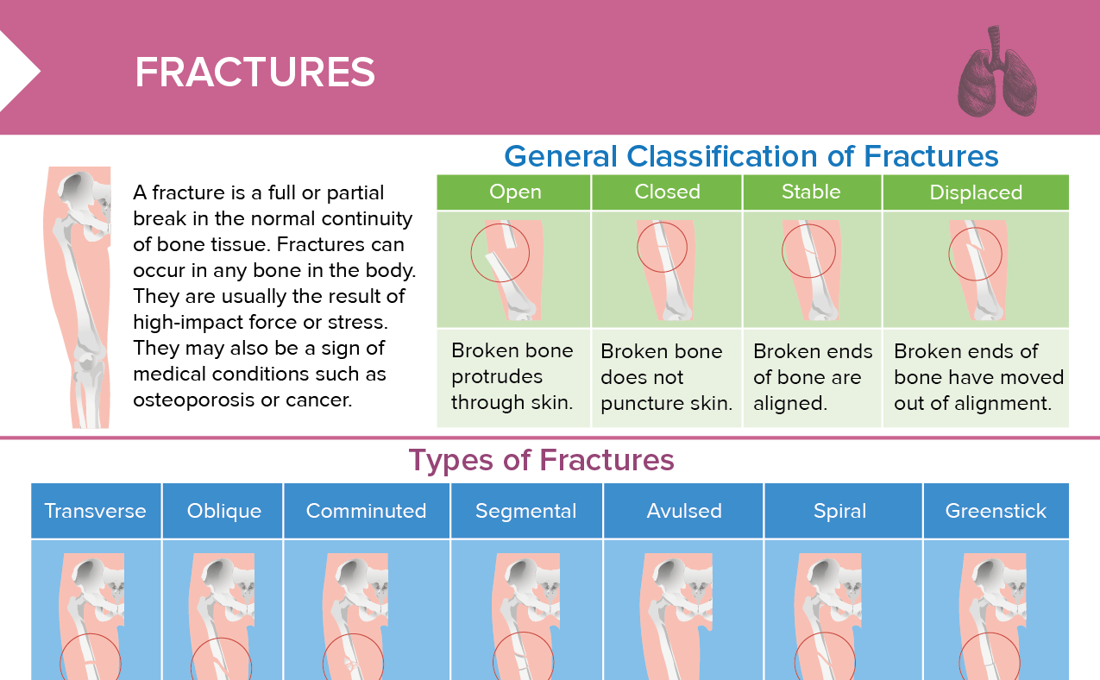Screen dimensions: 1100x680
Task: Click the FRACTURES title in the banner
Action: (x=255, y=73)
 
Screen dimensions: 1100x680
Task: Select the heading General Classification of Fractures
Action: (x=751, y=156)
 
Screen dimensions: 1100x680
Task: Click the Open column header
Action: (x=515, y=192)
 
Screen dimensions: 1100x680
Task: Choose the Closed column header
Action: (x=667, y=192)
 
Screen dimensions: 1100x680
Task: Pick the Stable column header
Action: (x=811, y=192)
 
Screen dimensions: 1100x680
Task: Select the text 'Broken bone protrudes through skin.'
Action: (x=512, y=377)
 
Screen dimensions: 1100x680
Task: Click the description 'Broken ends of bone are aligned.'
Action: (x=812, y=377)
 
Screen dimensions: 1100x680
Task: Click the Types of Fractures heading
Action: (x=541, y=460)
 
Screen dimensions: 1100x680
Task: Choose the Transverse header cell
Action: (x=95, y=511)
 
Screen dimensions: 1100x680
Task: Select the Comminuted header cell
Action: (x=366, y=511)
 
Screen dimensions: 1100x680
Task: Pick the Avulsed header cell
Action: (x=683, y=511)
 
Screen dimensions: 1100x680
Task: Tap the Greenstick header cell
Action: (x=996, y=511)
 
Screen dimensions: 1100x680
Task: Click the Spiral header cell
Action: (x=839, y=511)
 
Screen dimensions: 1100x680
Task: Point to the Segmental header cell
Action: (x=525, y=511)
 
